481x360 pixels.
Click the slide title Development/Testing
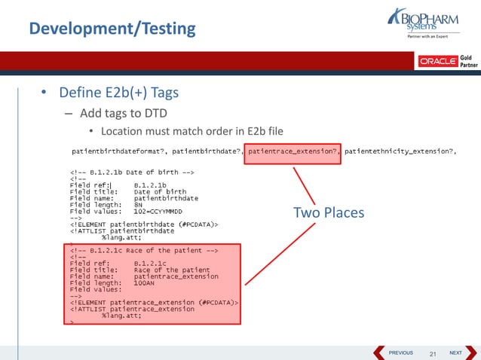pos(112,29)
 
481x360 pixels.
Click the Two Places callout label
pos(328,213)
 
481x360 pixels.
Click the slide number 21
pos(433,353)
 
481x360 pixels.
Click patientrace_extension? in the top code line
pos(293,151)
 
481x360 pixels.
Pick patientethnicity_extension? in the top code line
pos(400,151)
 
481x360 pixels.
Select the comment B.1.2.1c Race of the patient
pos(143,249)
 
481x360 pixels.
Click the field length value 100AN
pos(147,282)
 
